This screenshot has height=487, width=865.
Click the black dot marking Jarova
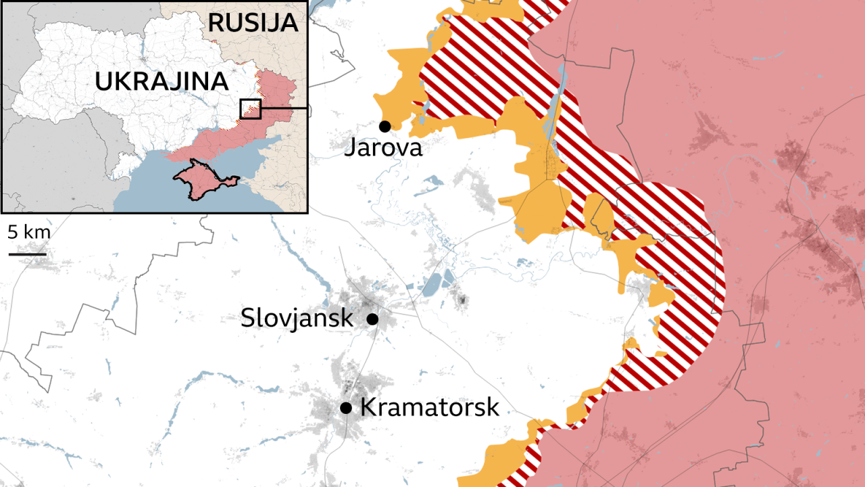(385, 126)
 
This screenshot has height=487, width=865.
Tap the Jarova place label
(383, 147)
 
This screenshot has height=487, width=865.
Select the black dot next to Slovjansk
(372, 318)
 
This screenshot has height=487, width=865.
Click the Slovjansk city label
(297, 317)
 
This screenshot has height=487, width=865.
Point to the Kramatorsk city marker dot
(346, 407)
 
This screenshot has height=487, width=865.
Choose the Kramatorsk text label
(430, 407)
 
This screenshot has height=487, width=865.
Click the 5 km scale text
(29, 233)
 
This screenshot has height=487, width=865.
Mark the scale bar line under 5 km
(28, 254)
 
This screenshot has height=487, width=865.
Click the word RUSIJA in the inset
(252, 22)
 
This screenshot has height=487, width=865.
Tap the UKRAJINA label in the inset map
(161, 81)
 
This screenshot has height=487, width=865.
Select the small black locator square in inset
(250, 109)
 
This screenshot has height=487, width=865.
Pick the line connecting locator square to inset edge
(284, 108)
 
